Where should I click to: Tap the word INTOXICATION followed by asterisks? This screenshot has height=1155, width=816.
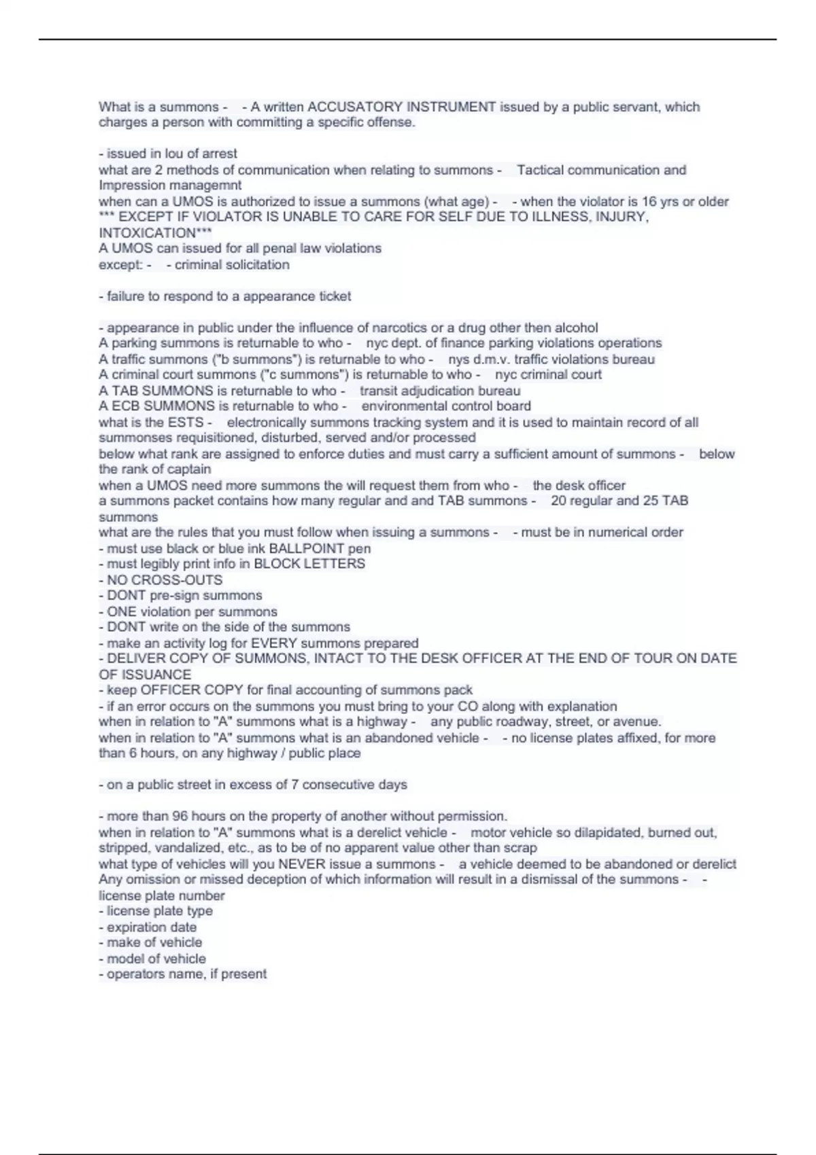pos(148,233)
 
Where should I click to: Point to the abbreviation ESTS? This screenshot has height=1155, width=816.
pos(186,422)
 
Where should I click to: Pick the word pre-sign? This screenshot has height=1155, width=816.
pos(173,595)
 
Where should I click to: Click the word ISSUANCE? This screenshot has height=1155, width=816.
pos(154,674)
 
